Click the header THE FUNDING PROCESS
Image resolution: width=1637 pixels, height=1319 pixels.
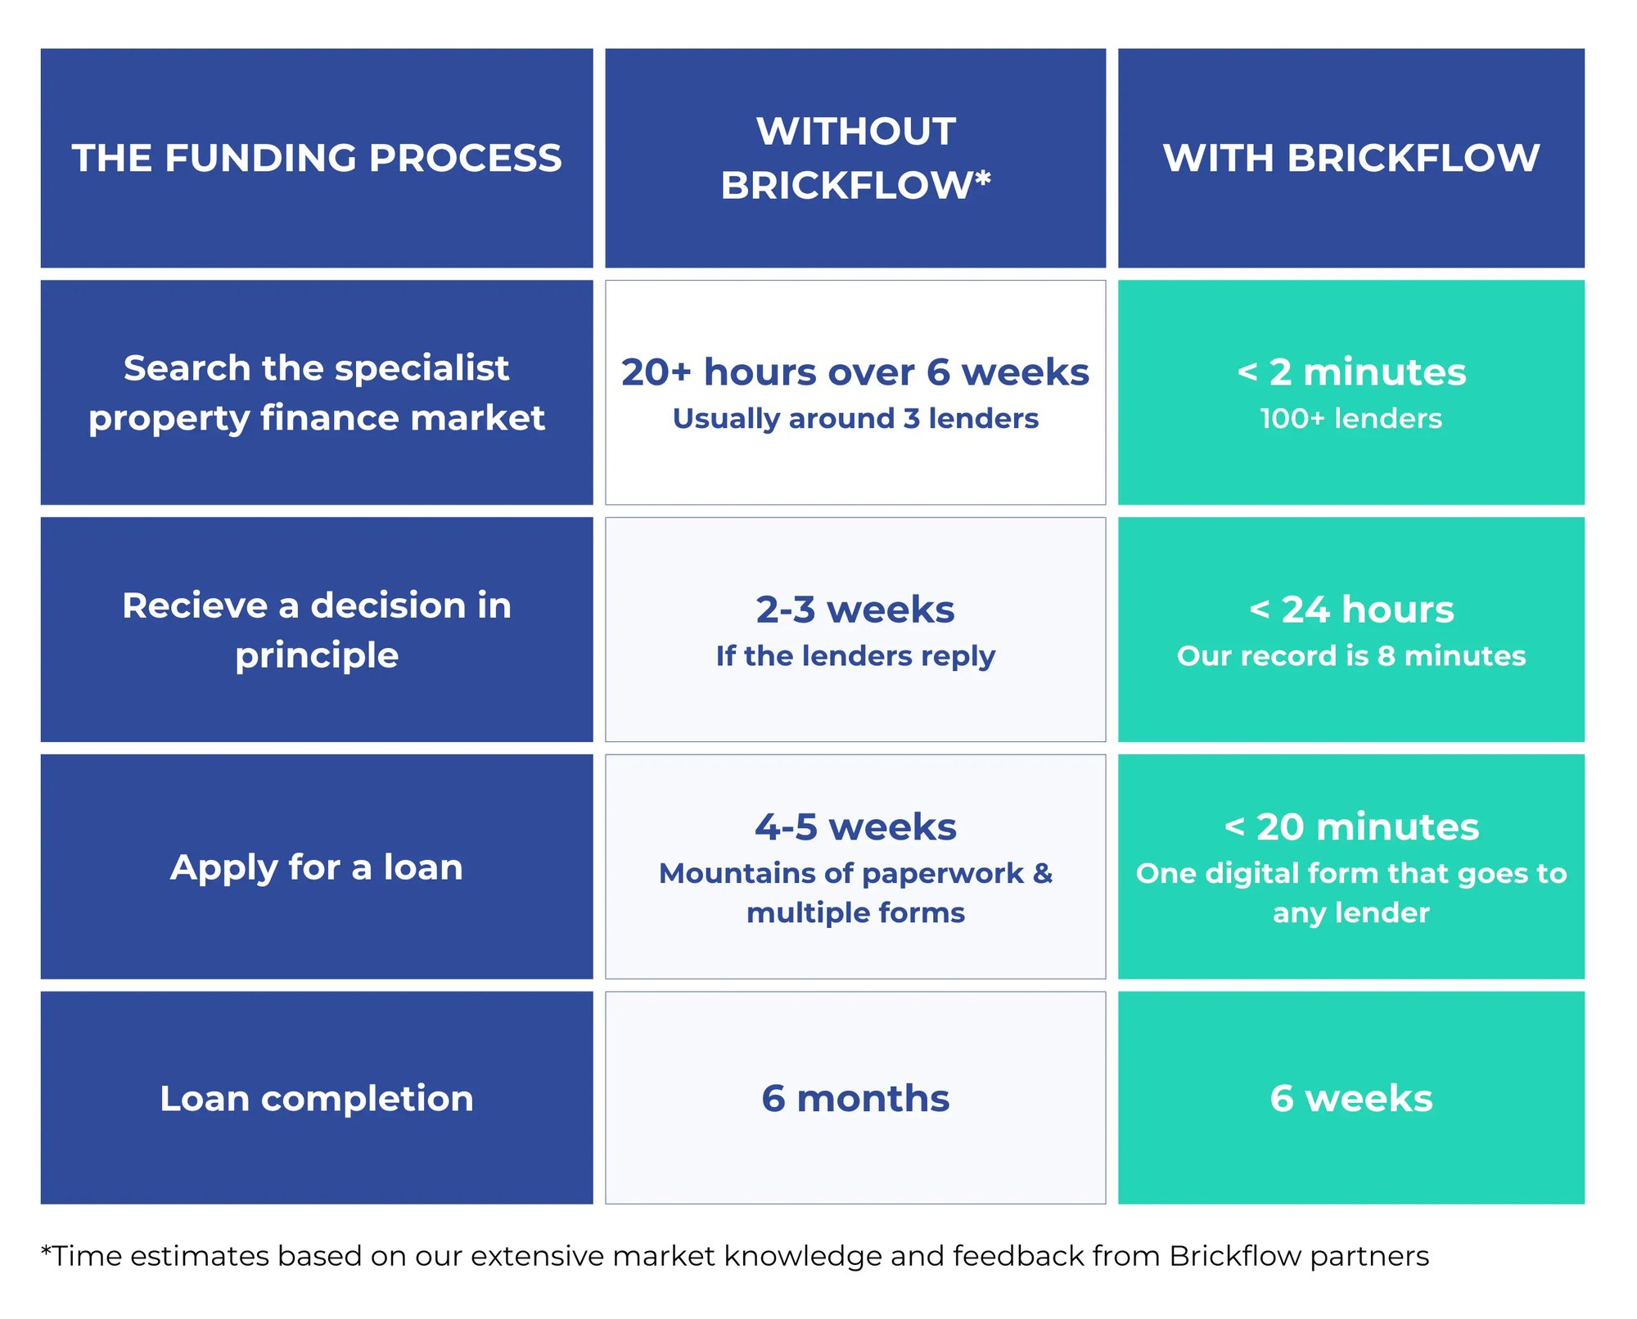click(317, 158)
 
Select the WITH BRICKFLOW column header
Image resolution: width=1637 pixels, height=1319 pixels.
click(1351, 158)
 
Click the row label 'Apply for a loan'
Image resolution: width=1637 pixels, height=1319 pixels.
click(317, 867)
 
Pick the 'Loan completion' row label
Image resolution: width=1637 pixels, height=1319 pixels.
click(317, 1098)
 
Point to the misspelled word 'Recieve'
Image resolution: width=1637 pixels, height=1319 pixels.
click(196, 605)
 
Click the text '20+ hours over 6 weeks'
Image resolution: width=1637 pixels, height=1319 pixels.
click(855, 372)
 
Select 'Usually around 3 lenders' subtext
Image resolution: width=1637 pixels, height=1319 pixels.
click(855, 419)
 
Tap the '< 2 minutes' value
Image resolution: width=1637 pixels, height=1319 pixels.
click(1351, 372)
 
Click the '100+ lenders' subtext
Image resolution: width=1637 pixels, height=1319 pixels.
click(1351, 419)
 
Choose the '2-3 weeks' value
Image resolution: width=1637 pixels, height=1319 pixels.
click(855, 610)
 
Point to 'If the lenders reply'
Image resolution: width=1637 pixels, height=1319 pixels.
click(855, 656)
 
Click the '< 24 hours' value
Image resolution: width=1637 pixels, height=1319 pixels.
click(1351, 610)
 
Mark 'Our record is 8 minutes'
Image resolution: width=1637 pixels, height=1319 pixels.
click(1351, 656)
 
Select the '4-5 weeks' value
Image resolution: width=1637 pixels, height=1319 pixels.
click(855, 827)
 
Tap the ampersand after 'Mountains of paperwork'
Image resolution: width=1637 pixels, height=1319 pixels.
click(1043, 873)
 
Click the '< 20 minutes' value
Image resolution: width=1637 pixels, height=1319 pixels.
click(1351, 827)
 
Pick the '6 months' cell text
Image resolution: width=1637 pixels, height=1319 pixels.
click(855, 1098)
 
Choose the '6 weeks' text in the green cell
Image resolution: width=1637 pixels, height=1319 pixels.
click(1351, 1098)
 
